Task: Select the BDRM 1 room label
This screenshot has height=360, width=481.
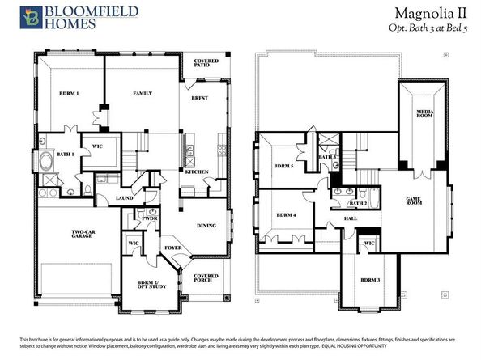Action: pyautogui.click(x=69, y=94)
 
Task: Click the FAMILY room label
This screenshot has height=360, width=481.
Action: pyautogui.click(x=143, y=94)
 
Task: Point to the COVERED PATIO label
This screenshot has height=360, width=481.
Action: pyautogui.click(x=206, y=65)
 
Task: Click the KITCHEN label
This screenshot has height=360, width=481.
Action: pyautogui.click(x=197, y=172)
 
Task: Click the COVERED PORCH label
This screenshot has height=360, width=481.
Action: pyautogui.click(x=206, y=278)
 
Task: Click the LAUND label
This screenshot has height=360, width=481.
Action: pyautogui.click(x=125, y=197)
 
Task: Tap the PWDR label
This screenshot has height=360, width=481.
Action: pyautogui.click(x=149, y=218)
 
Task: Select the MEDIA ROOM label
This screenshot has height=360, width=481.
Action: pyautogui.click(x=422, y=114)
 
